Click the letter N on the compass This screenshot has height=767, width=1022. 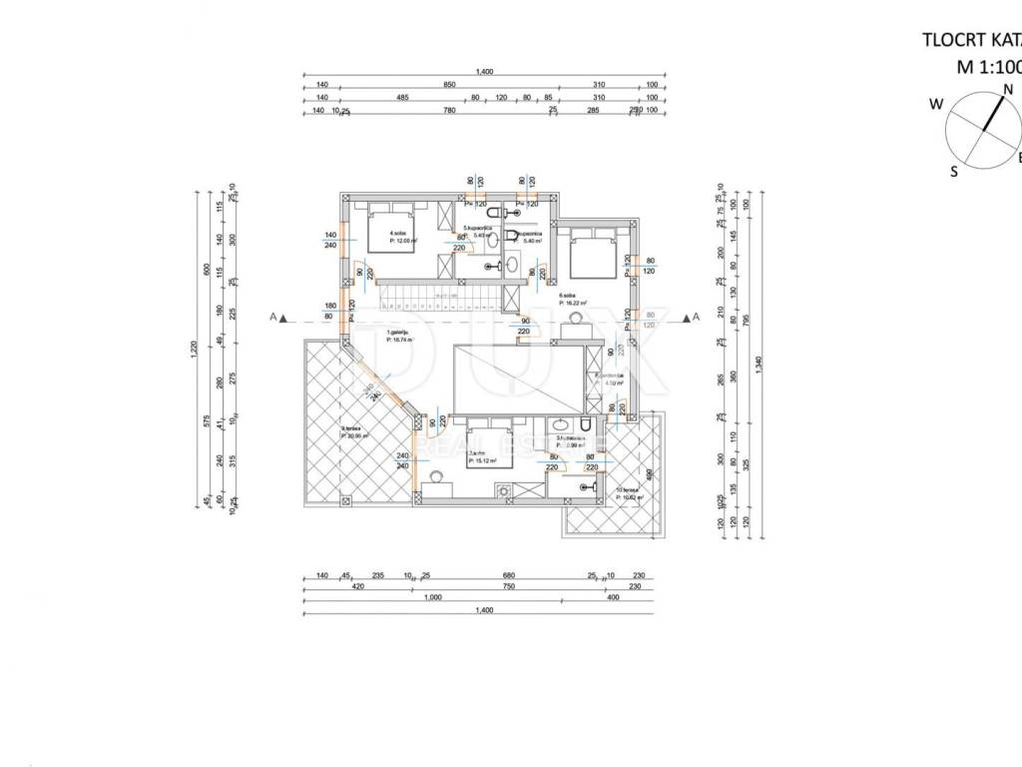pos(1008,89)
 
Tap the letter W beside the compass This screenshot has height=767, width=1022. pos(936,104)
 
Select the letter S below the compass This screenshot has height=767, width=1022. pos(954,171)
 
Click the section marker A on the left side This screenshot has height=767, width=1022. pos(272,317)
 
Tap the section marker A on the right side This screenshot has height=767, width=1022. pos(696,317)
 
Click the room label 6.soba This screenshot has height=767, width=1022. pos(568,297)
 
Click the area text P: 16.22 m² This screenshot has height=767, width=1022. pos(573,304)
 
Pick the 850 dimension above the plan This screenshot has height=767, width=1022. pos(450,85)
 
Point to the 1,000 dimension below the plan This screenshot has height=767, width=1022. pos(431,597)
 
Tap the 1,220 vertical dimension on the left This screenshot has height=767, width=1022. pos(196,350)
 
